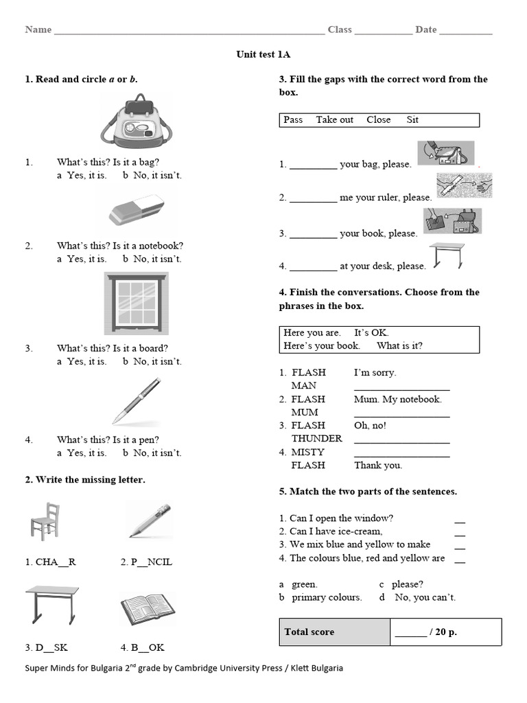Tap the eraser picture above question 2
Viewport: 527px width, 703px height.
137,211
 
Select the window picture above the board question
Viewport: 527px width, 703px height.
135,303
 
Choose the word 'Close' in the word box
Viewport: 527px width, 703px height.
378,119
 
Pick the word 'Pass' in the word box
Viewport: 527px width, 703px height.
293,119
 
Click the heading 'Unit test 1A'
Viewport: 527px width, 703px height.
263,54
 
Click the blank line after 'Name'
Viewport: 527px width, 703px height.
189,31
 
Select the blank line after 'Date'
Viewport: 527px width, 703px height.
465,31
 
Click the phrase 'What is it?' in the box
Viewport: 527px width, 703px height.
399,345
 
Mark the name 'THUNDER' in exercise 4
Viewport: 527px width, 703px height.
316,438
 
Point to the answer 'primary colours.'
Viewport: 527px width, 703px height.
327,597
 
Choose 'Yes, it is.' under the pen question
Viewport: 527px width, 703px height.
86,452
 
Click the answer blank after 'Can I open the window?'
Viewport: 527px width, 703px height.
460,520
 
